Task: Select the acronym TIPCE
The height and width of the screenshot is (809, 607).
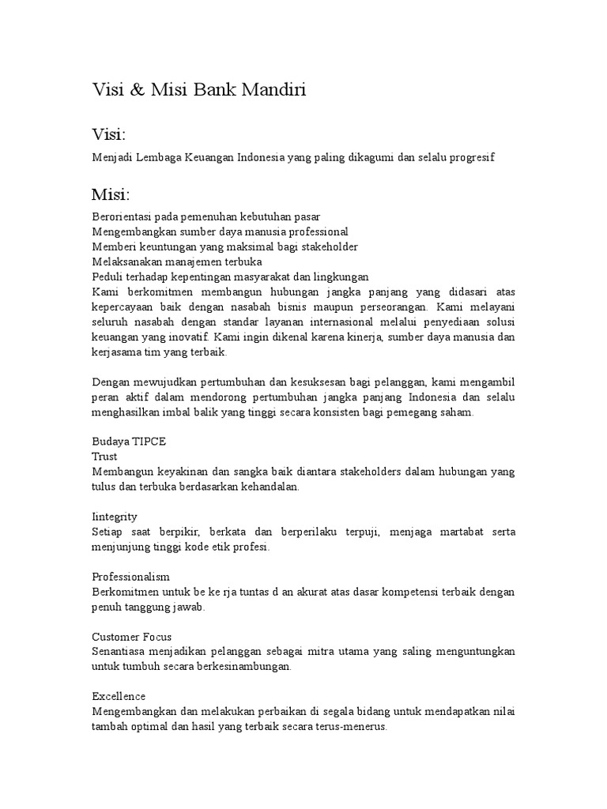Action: pyautogui.click(x=148, y=442)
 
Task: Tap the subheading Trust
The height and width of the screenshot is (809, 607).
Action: pyautogui.click(x=104, y=457)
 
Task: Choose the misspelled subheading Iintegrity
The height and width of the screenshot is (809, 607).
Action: pyautogui.click(x=115, y=517)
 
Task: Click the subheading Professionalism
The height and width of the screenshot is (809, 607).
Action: pyautogui.click(x=130, y=577)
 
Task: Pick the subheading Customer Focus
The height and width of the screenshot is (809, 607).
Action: pyautogui.click(x=131, y=637)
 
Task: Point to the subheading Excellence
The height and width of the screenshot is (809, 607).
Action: pyautogui.click(x=119, y=697)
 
